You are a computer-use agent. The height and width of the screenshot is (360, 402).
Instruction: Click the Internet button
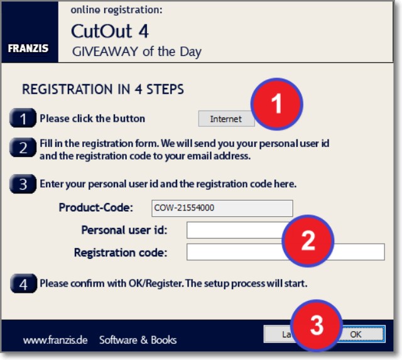click(226, 119)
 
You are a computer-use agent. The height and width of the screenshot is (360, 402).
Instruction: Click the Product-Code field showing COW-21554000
click(222, 208)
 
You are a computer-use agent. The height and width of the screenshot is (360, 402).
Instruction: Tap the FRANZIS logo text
click(28, 48)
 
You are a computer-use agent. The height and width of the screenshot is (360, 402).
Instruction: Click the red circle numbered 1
click(276, 104)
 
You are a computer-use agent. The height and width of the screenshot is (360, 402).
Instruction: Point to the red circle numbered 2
click(308, 241)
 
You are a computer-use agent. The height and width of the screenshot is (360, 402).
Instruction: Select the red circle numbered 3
click(317, 325)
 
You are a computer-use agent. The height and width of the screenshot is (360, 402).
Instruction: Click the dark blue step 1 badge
click(23, 118)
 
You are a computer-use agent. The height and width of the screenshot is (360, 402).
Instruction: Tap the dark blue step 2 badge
click(23, 147)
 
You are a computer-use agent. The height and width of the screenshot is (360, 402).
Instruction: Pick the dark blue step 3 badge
click(23, 183)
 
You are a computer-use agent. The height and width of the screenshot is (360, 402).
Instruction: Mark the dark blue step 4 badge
click(24, 283)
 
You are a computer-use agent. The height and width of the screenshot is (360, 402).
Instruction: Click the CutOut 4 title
click(110, 31)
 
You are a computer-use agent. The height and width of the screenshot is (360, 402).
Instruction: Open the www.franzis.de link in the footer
click(55, 341)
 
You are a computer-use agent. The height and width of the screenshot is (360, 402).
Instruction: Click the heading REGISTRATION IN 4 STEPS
click(103, 89)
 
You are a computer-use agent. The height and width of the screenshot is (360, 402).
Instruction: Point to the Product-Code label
click(96, 207)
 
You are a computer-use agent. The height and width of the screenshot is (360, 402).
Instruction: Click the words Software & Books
click(138, 340)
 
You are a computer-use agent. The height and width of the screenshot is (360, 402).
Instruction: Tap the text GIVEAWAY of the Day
click(137, 52)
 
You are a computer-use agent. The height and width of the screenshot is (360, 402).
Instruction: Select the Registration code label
click(121, 253)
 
